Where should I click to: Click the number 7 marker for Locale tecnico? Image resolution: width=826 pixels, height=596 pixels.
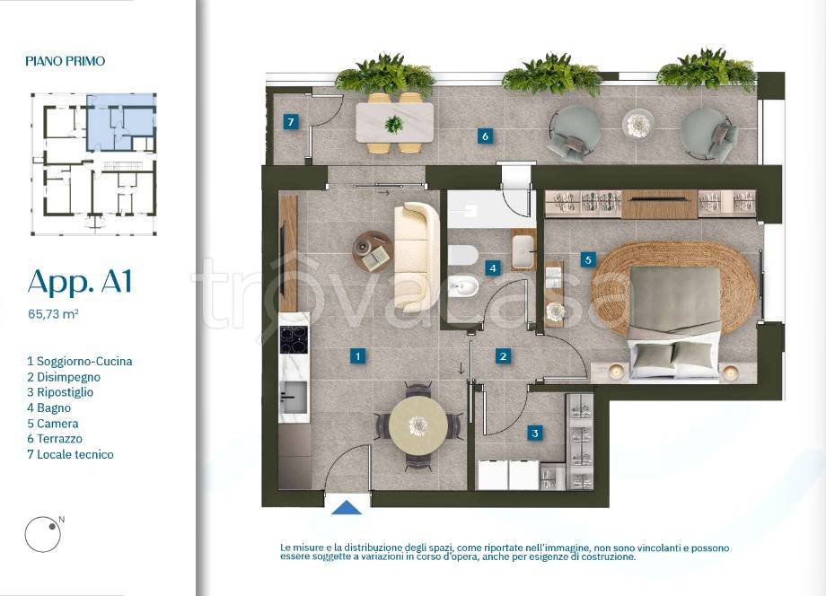click(x=290, y=122)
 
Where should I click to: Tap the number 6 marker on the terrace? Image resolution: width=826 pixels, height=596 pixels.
click(x=485, y=136)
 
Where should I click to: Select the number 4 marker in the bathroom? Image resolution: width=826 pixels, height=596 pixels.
click(x=493, y=268)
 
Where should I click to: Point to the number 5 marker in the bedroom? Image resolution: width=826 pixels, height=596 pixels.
click(x=588, y=259)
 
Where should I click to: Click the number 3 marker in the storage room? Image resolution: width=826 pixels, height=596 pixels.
click(x=535, y=434)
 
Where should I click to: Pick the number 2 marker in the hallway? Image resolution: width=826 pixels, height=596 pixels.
click(x=503, y=356)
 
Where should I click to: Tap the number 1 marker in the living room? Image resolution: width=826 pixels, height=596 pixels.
click(x=358, y=356)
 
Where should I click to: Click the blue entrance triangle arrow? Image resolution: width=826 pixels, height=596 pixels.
click(x=346, y=507)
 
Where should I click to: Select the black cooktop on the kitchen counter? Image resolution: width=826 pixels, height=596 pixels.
click(x=294, y=340)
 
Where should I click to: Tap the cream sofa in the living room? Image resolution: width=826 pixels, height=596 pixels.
click(x=417, y=257)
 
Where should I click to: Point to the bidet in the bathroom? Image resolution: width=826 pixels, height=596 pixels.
click(x=463, y=287)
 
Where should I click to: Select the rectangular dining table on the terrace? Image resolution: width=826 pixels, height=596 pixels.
click(x=395, y=123)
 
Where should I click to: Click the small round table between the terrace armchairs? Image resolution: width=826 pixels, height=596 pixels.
click(x=638, y=124)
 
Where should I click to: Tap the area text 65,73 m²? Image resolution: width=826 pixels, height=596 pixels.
click(x=53, y=314)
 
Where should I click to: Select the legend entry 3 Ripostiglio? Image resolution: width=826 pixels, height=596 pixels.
click(x=60, y=392)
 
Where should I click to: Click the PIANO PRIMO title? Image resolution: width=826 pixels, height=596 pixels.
click(x=66, y=61)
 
